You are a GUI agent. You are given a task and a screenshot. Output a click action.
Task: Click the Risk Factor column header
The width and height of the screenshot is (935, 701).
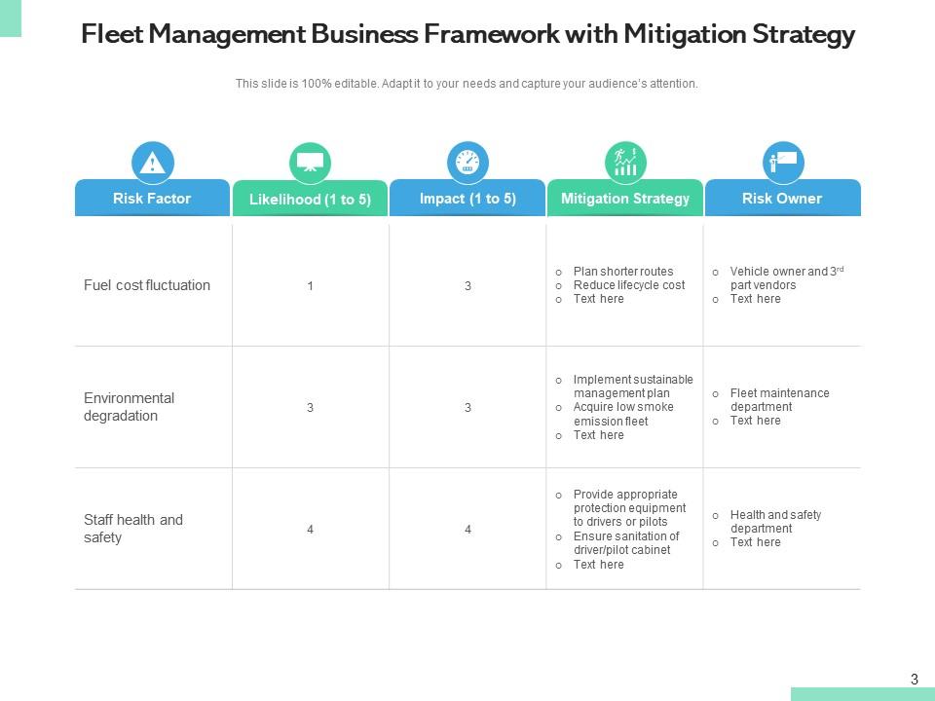[x=152, y=199]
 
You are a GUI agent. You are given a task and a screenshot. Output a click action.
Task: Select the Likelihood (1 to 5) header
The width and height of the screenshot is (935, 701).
[x=310, y=200]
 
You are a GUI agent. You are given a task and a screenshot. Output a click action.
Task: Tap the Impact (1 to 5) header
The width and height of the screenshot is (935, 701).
[x=467, y=199]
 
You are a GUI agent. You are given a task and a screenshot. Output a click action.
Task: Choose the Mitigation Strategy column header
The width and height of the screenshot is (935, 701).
[x=625, y=199]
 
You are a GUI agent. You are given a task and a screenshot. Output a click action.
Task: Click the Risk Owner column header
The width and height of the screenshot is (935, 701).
[x=782, y=199]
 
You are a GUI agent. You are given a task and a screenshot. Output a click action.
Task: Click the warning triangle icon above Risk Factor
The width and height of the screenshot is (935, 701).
[x=152, y=163]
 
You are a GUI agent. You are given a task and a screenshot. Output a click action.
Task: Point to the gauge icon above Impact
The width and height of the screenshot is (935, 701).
[x=467, y=163]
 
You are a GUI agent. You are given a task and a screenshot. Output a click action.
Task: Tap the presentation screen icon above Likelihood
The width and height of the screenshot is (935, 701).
[x=310, y=163]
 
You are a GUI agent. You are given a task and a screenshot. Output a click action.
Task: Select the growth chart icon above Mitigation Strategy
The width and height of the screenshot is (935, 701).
[x=625, y=163]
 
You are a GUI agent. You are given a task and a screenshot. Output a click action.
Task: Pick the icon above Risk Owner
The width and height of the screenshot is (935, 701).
[x=782, y=163]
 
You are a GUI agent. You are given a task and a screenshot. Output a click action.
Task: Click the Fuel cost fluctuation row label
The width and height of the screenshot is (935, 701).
[x=147, y=285]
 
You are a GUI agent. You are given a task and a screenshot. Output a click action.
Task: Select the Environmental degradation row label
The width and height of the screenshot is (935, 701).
[x=129, y=407]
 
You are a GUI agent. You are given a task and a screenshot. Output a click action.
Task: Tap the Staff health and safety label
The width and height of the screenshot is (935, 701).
[x=133, y=529]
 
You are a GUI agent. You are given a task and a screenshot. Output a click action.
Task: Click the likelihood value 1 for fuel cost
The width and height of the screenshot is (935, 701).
[x=310, y=286]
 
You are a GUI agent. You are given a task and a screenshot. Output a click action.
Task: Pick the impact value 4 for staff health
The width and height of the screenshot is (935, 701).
[x=467, y=530]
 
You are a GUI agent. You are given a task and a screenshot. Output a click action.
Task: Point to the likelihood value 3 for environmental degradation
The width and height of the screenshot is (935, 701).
[x=310, y=408]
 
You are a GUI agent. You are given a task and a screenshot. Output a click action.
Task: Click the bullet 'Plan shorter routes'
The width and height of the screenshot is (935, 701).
[x=622, y=272]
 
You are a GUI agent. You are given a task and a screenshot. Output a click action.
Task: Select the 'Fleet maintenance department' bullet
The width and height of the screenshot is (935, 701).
[x=779, y=400]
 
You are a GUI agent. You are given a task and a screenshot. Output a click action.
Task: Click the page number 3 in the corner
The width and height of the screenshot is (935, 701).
[x=914, y=680]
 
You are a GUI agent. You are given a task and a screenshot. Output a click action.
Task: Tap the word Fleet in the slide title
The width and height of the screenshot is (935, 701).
[x=110, y=35]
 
